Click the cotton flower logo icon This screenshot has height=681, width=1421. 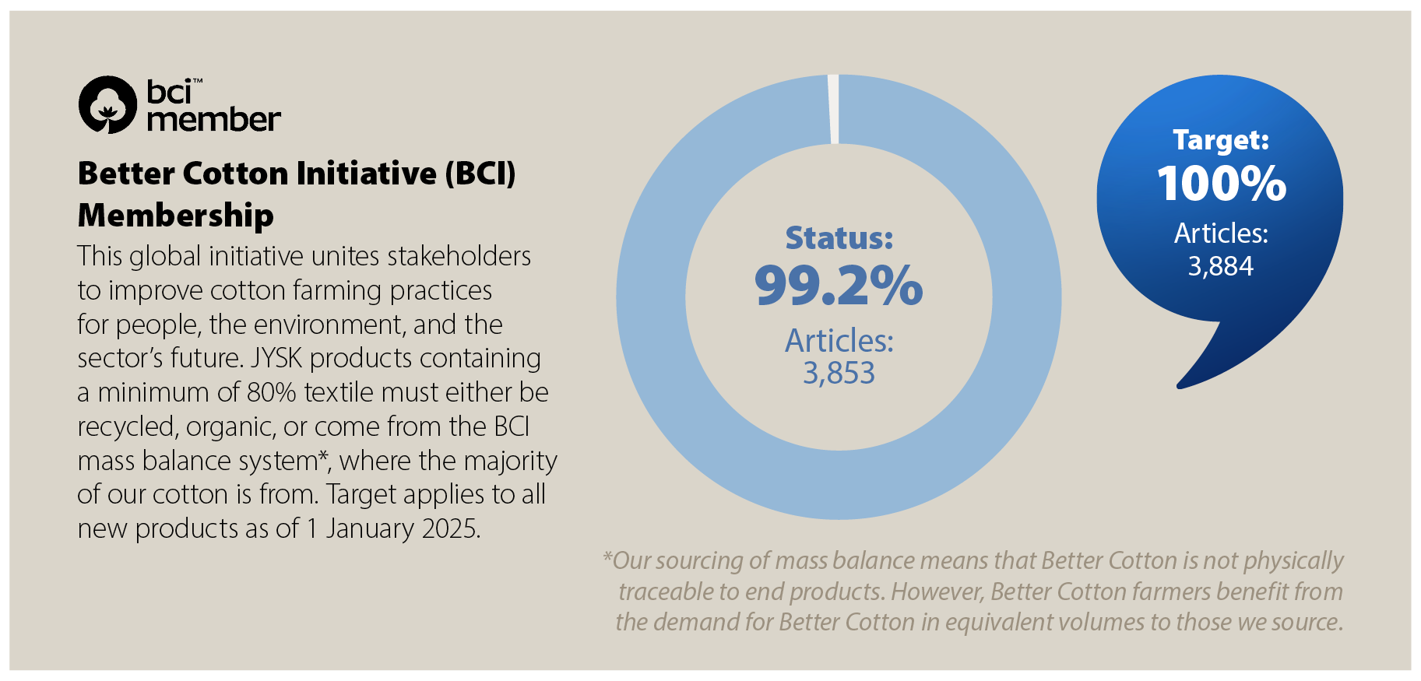[107, 105]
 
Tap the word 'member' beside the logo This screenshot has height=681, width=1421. [213, 120]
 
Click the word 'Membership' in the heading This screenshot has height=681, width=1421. [176, 216]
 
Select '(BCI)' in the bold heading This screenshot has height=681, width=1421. [480, 173]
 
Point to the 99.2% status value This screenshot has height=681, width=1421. [839, 286]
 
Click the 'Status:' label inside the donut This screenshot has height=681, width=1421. [839, 238]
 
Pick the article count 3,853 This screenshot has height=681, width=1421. [839, 374]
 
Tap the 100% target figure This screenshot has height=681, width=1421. [1221, 184]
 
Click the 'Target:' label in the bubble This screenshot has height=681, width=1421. [1221, 140]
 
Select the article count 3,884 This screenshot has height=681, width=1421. [1220, 266]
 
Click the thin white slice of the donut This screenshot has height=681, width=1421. [833, 109]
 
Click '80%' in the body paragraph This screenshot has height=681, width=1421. [271, 392]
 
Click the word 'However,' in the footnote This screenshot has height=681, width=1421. [937, 591]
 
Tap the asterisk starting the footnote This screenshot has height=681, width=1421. [607, 557]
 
